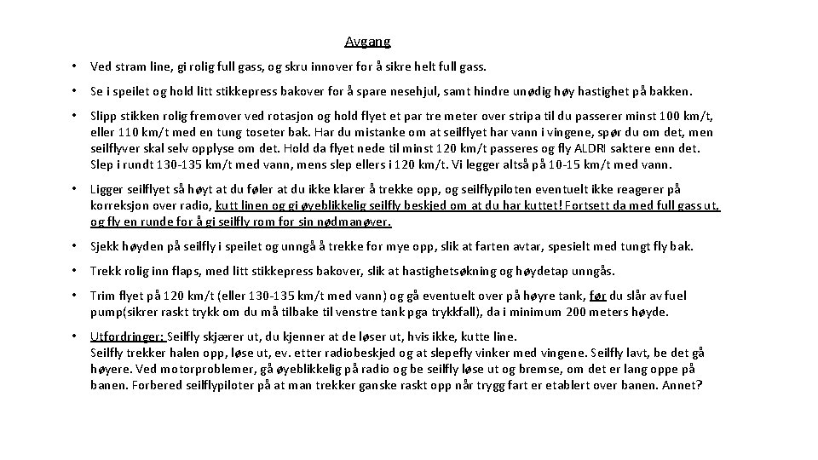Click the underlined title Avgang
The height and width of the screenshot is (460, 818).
367,41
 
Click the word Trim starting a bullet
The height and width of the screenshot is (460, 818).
103,296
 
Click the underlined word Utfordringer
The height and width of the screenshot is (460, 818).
127,336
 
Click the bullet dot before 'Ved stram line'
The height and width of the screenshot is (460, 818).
76,66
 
